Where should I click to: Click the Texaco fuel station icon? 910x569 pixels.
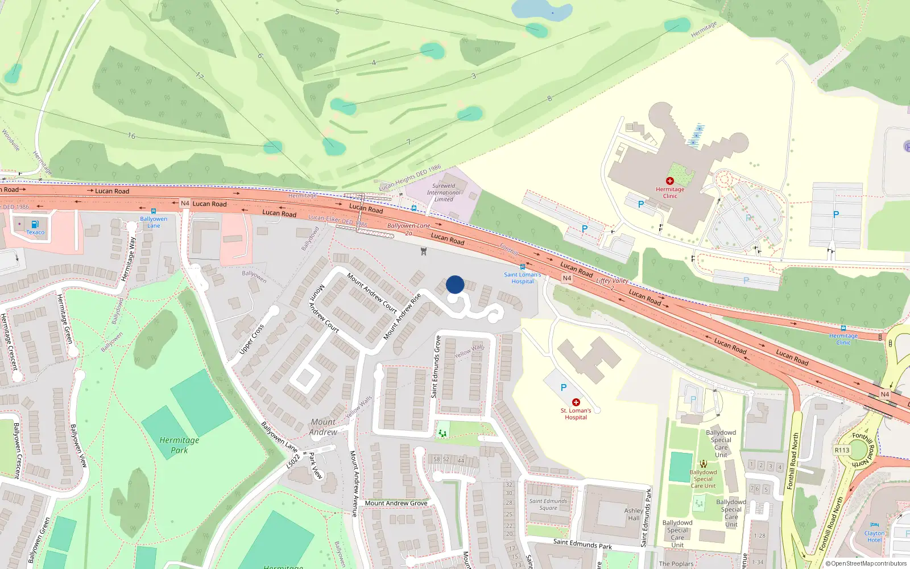[x=35, y=224]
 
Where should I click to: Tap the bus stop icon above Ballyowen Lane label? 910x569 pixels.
[x=153, y=211]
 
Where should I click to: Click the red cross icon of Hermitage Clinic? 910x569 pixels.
[x=669, y=181]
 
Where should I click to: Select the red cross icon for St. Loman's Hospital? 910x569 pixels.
[x=576, y=402]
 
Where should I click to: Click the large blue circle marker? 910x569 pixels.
[x=455, y=284]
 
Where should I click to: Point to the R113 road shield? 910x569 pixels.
[x=842, y=450]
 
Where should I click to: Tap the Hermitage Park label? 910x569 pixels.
[x=179, y=445]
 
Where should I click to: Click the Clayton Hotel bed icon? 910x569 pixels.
[x=874, y=525]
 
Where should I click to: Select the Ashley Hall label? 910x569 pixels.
[x=634, y=514]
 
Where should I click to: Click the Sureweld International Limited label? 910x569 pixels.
[x=444, y=192]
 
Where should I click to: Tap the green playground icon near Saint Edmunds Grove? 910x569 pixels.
[x=442, y=434]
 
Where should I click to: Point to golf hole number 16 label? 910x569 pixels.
[x=131, y=136]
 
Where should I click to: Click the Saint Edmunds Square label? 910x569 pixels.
[x=548, y=505]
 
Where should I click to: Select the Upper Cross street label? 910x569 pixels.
[x=251, y=340]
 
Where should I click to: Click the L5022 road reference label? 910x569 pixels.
[x=293, y=460]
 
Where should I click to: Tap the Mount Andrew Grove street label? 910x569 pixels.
[x=396, y=503]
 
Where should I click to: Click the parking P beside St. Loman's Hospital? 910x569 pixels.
[x=563, y=387]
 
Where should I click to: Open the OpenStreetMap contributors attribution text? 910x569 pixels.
[x=866, y=563]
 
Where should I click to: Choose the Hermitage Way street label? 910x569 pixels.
[x=129, y=259]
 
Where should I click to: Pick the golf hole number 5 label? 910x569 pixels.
[x=337, y=11]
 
